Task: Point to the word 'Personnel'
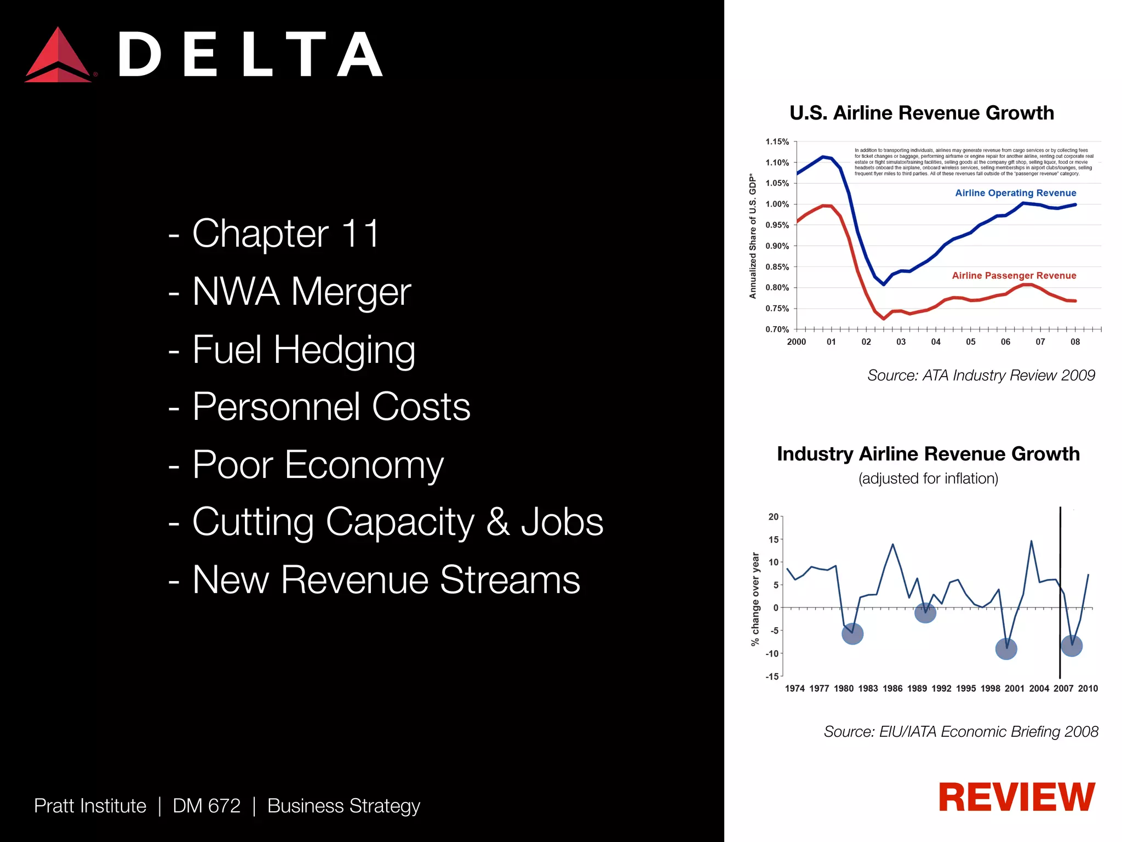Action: pos(277,407)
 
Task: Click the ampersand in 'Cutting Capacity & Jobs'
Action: pos(497,522)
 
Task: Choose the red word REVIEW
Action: pos(1016,798)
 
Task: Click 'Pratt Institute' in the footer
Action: pos(90,806)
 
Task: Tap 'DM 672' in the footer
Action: pos(207,806)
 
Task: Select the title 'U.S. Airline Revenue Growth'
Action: pos(921,113)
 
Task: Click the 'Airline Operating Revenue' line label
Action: pos(1015,193)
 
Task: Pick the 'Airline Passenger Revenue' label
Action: pos(1014,276)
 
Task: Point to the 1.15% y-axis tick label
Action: pos(777,142)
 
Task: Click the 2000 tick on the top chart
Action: pos(796,342)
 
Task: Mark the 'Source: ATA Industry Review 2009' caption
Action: pos(981,376)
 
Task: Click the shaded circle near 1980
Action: pos(852,634)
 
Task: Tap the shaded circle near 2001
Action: pos(1006,650)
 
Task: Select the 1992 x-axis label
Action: pos(941,689)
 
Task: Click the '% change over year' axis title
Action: pos(755,599)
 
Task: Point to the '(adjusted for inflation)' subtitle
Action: pos(928,479)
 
